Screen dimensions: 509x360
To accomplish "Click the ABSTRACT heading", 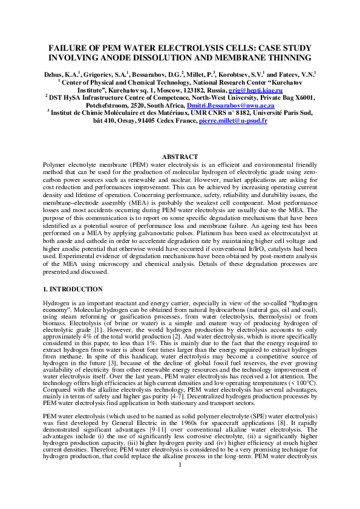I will click(x=180, y=157).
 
